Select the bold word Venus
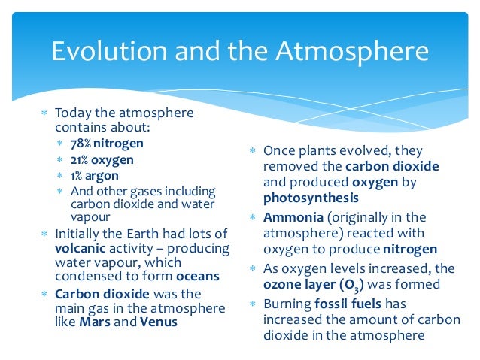157,322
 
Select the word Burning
287,304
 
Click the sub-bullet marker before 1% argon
62,175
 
